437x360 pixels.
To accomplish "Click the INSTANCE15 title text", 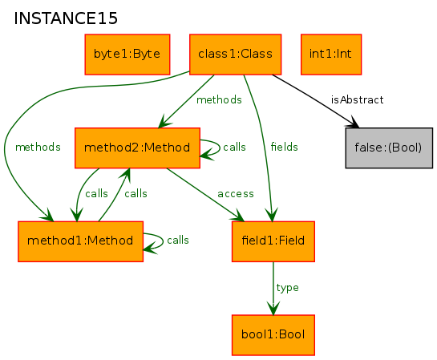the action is tap(66, 18).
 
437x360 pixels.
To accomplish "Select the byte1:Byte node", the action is tap(127, 55).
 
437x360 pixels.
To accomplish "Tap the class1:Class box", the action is tap(235, 55).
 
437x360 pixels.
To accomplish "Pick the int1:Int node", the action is tap(331, 55).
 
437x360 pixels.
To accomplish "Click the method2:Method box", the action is tap(137, 148).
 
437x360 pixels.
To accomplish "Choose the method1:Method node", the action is tap(80, 241).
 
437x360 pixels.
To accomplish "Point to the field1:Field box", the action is tap(273, 241).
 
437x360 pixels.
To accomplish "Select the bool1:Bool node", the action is tap(273, 335).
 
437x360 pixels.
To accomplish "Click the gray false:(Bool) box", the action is tap(389, 148).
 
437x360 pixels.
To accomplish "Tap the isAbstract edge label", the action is tap(358, 99).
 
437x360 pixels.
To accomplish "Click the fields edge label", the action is tap(285, 147).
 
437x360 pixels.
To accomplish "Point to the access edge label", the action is tap(236, 194).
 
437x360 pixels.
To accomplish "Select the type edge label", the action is tap(287, 288).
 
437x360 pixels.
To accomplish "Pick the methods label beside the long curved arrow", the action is tap(38, 147).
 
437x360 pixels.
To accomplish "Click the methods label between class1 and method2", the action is tap(219, 99).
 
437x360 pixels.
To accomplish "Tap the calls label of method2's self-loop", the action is tap(234, 147).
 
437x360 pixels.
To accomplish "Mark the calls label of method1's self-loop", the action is tap(178, 240).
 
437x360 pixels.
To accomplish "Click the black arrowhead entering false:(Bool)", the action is tap(354, 123).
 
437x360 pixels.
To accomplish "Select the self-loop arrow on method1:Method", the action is tap(163, 241).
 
